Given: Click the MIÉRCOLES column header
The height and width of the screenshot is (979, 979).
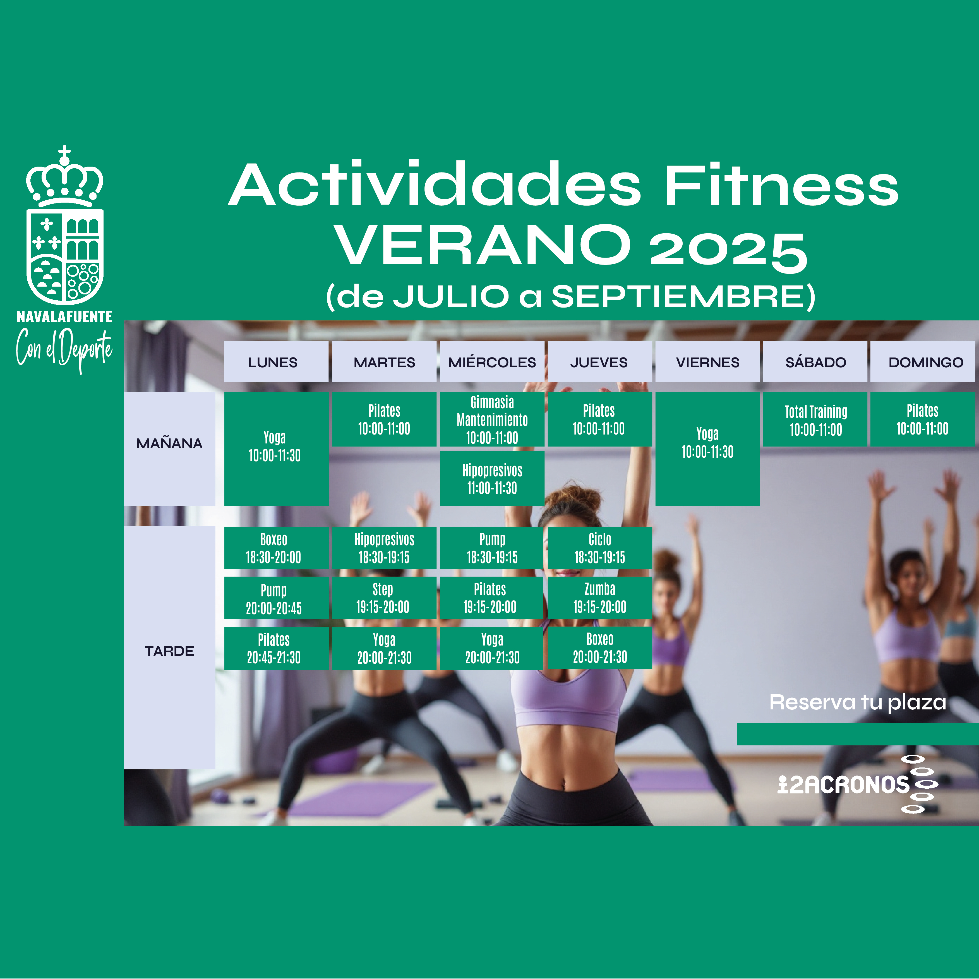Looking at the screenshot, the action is tap(492, 362).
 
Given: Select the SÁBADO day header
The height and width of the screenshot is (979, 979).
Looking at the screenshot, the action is tap(815, 362).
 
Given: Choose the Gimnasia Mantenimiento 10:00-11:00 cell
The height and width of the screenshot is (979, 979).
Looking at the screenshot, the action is tap(492, 419).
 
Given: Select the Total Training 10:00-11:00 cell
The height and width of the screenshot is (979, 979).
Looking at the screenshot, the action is tap(815, 419).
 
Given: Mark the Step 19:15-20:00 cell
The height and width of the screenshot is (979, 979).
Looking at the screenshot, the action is tap(384, 598).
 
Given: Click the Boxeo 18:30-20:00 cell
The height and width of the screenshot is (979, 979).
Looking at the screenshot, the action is tap(276, 548).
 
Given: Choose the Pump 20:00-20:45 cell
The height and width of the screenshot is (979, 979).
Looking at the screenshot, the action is tap(276, 598).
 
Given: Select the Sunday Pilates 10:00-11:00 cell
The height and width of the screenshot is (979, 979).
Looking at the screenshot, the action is tap(922, 419).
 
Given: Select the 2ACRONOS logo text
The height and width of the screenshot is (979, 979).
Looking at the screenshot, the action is tap(843, 785).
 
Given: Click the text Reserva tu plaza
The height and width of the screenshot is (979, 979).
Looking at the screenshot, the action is tap(857, 702).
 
